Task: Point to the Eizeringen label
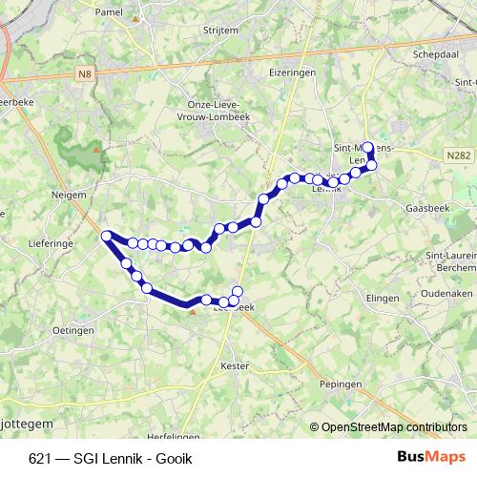click(x=292, y=71)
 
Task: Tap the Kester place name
click(x=234, y=365)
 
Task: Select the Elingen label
click(x=381, y=299)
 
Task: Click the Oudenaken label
click(x=452, y=294)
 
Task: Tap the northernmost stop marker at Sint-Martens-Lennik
click(x=368, y=148)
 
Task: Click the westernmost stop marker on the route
click(x=107, y=235)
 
